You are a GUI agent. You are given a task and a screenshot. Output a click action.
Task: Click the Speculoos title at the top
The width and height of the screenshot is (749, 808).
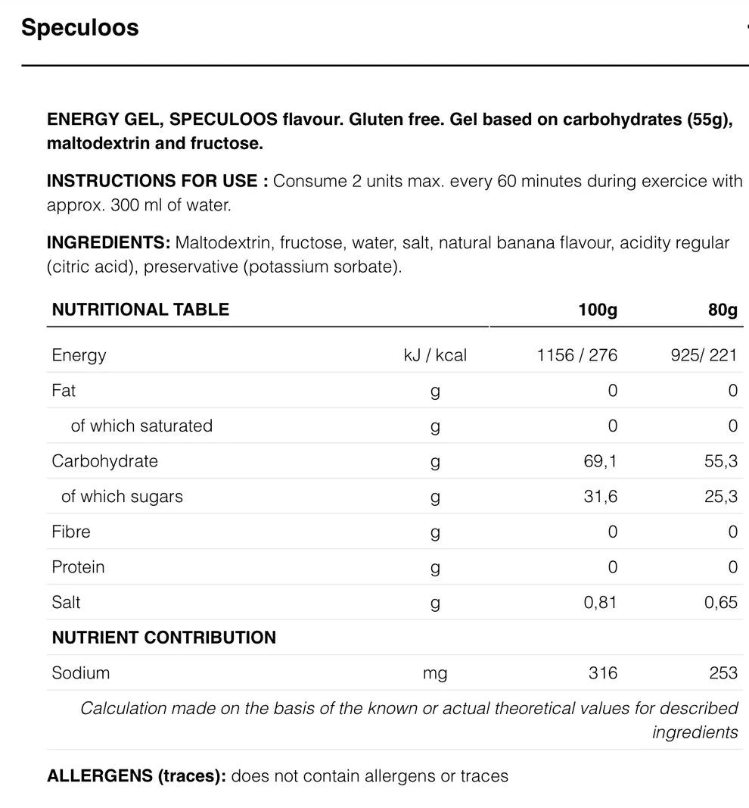[80, 28]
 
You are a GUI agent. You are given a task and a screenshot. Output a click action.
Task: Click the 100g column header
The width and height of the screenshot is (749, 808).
[598, 310]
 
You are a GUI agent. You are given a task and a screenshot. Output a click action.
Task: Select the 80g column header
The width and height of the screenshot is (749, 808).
[723, 310]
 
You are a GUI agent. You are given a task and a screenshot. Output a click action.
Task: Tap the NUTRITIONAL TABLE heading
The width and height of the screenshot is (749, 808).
[141, 310]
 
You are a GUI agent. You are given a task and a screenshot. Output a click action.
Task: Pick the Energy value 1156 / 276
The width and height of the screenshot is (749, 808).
[577, 355]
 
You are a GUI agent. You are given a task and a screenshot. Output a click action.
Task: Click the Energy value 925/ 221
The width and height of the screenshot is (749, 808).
[704, 355]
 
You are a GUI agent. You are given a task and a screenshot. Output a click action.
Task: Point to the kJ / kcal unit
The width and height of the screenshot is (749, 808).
[435, 355]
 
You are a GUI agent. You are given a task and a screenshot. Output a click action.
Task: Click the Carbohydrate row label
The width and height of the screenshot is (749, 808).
[104, 461]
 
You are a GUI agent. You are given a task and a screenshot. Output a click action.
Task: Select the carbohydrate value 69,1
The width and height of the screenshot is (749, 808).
[601, 461]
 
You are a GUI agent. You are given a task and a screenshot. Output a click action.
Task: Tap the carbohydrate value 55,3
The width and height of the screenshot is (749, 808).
[721, 461]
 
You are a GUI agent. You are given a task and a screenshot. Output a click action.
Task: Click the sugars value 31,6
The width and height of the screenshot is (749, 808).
[601, 497]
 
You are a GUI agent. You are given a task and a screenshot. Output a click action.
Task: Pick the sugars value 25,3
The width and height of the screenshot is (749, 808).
[721, 497]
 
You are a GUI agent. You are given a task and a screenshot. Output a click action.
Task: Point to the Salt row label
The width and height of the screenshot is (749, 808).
[66, 603]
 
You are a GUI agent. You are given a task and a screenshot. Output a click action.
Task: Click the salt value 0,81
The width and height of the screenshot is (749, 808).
[601, 603]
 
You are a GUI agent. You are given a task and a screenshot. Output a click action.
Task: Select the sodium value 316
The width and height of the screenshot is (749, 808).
[603, 673]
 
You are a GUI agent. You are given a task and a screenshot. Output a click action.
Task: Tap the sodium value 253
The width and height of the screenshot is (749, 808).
[723, 673]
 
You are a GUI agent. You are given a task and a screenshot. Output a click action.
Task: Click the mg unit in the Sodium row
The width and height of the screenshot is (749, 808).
[435, 673]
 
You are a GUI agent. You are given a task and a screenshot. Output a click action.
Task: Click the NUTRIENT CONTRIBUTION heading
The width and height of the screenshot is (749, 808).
[164, 638]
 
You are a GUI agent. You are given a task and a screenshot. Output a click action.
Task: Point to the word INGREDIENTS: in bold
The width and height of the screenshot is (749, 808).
[108, 243]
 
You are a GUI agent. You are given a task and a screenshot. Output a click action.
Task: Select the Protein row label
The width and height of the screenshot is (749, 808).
[78, 567]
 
